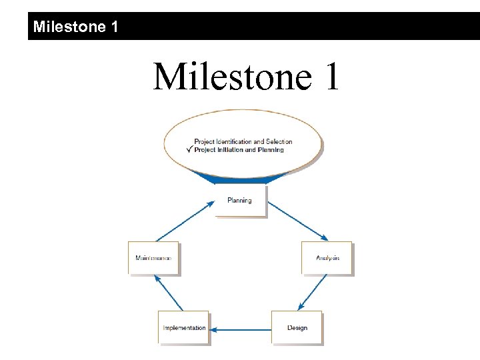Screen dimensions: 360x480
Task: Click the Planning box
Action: coord(239,201)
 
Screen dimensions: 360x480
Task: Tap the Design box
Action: coord(297,327)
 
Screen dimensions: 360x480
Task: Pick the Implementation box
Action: coord(184,327)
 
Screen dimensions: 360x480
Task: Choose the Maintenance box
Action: coord(153,257)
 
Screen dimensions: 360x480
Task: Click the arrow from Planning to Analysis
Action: coord(297,221)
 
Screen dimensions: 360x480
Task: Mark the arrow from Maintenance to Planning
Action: coord(185,221)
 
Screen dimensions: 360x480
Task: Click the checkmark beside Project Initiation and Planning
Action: coord(189,149)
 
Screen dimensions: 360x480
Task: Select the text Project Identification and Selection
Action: coord(243,141)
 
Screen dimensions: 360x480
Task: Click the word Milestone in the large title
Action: coord(231,77)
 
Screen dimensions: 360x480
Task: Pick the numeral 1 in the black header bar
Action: coord(115,27)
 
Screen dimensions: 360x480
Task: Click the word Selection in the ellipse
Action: coord(279,141)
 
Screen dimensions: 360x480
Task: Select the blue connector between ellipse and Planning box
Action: coord(239,179)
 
